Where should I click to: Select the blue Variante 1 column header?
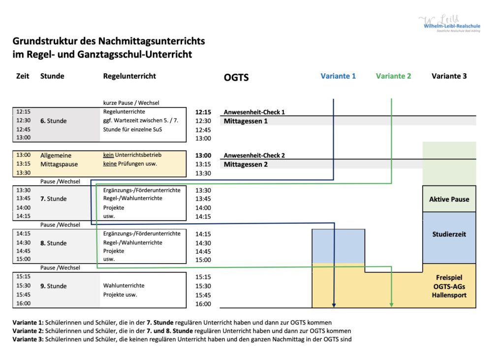point(338,76)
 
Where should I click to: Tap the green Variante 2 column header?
point(393,76)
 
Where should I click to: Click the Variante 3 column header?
point(449,76)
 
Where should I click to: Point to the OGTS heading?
point(236,77)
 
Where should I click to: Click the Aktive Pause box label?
point(449,199)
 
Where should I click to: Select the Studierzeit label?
point(449,234)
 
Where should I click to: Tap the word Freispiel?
point(449,277)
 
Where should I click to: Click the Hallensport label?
point(449,295)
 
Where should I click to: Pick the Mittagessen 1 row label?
point(246,121)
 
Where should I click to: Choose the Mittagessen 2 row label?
point(246,164)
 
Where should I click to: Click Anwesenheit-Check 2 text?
point(254,155)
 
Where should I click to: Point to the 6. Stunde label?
point(53,121)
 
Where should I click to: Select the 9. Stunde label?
point(53,286)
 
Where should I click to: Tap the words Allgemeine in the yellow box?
point(56,155)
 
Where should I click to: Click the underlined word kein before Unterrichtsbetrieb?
point(108,155)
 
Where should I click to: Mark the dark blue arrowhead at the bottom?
point(334,305)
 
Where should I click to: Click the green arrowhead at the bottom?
point(391,305)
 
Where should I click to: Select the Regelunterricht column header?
point(129,76)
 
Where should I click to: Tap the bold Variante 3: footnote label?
point(28,339)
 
